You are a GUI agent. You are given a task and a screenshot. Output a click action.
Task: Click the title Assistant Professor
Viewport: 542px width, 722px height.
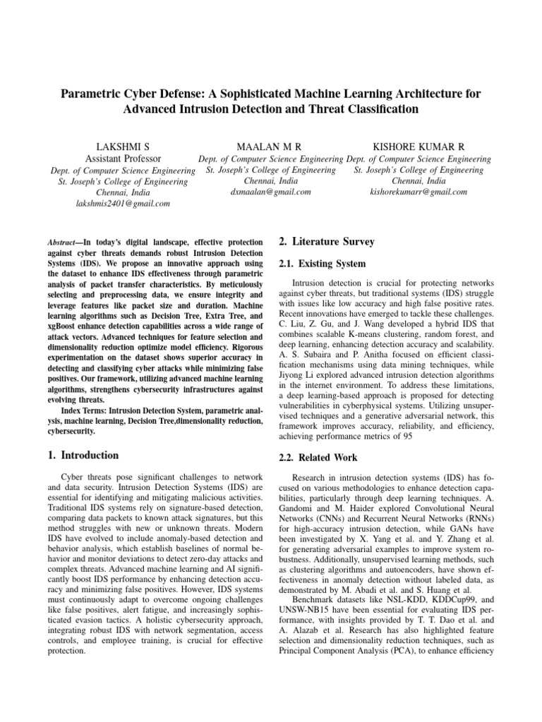click(x=123, y=159)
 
